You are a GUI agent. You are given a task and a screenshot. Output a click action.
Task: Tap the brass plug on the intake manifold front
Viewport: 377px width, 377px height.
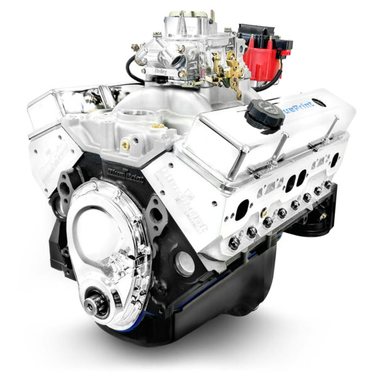pyautogui.click(x=125, y=145)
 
